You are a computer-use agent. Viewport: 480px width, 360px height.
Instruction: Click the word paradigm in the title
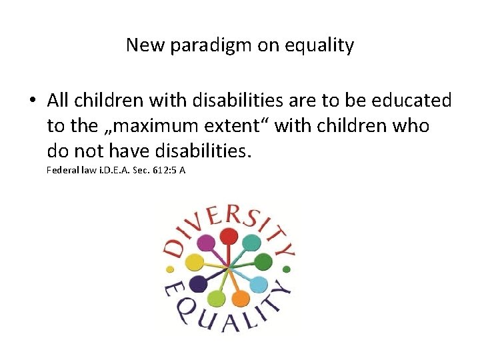[x=202, y=46]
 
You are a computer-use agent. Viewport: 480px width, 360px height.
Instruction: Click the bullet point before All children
[x=32, y=101]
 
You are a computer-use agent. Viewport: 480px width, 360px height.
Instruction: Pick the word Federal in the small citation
[x=61, y=170]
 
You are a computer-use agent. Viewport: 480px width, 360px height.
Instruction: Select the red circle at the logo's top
[x=229, y=236]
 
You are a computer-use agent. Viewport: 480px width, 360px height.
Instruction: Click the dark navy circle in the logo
[x=197, y=284]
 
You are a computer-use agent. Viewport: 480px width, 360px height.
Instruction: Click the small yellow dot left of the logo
[x=170, y=269]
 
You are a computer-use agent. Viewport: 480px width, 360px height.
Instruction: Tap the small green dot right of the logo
[x=287, y=269]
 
